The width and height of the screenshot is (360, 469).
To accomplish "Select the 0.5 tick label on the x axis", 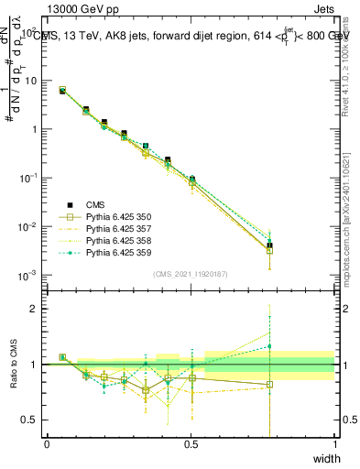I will click(191, 444).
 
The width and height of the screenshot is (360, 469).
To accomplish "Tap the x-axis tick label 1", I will click(335, 444).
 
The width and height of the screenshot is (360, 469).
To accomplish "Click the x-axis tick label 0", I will click(47, 444).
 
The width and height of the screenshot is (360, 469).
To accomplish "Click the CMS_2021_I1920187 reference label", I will click(191, 274).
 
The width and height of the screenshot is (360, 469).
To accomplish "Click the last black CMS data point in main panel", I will click(269, 245).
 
